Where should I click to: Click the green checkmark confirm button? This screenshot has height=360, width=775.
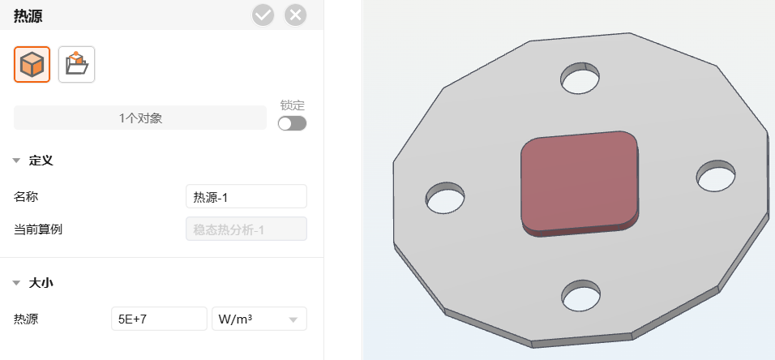pos(263,15)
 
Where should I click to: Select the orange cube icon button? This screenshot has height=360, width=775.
pos(32,64)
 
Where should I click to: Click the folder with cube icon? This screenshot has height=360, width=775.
pos(77,64)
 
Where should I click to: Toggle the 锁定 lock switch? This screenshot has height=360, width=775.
pos(292,123)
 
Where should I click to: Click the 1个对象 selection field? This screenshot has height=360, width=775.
pos(140,118)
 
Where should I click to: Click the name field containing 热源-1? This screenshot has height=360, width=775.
pos(246,197)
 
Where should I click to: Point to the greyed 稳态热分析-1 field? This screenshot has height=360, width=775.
pos(246,229)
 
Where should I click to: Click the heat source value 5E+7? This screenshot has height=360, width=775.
pos(159,319)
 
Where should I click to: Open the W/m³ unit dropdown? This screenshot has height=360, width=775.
pos(259,319)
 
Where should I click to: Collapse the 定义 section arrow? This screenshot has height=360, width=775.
pos(17,161)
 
